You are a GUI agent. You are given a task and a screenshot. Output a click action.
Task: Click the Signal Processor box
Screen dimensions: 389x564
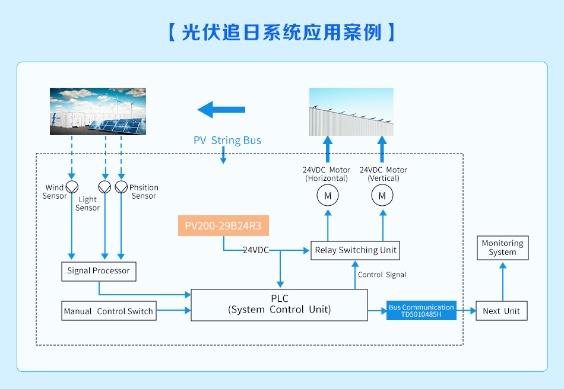point(99,271)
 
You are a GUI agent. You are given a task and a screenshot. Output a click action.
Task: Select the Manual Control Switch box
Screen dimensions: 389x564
point(109,311)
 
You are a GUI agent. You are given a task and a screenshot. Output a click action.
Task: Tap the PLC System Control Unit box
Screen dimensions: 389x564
point(279,305)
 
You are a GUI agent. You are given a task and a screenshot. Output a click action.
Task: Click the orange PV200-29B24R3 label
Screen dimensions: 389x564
point(223,226)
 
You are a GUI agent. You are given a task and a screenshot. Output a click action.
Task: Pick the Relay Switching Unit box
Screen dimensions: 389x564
point(355,250)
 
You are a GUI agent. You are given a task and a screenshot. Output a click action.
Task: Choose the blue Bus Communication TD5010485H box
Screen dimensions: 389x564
point(422,311)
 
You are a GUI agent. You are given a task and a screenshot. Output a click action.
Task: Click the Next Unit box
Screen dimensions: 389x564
point(501,311)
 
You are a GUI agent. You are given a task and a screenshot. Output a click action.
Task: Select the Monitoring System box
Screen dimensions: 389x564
point(502,248)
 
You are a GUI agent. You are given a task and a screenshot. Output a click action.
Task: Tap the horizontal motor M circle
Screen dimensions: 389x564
point(327,195)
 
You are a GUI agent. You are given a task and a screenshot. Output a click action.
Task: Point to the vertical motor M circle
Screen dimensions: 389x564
point(382,195)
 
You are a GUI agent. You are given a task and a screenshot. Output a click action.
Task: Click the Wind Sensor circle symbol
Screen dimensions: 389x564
point(72,187)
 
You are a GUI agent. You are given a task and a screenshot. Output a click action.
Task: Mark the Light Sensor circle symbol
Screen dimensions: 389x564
point(105,187)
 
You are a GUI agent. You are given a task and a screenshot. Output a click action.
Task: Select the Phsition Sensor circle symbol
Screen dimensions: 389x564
point(121,187)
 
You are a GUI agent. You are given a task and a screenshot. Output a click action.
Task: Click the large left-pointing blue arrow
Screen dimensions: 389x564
point(221,110)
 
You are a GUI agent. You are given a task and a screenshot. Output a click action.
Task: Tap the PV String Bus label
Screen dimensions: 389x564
point(227,141)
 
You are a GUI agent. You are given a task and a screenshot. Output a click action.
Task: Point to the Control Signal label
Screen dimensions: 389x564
point(382,275)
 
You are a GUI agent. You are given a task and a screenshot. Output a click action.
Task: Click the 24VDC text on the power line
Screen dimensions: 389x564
point(255,250)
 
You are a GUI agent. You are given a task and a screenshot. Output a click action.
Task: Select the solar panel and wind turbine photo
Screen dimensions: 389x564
point(97,111)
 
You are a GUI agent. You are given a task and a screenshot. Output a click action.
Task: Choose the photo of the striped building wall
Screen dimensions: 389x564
point(351,111)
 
